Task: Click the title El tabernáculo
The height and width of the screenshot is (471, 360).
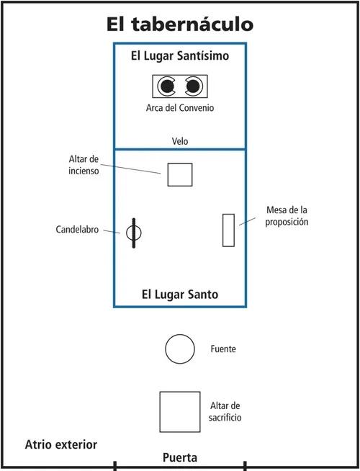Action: (180, 24)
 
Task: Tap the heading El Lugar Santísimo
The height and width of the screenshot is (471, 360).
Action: (180, 55)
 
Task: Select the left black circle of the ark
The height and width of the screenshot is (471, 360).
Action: (167, 86)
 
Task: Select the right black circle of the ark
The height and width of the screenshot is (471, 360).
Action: (193, 86)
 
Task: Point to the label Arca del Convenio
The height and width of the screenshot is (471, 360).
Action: (180, 108)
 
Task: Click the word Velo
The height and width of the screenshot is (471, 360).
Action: (180, 141)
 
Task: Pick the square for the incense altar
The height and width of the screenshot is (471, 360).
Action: (180, 174)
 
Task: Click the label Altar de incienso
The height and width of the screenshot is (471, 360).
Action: (84, 165)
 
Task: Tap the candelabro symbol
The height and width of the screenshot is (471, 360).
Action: (134, 233)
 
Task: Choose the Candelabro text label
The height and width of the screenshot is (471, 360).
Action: (78, 230)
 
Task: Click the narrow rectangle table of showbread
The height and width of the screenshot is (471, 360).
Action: (228, 230)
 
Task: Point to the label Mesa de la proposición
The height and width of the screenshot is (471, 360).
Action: (287, 216)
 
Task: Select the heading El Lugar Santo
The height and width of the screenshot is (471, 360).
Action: (180, 295)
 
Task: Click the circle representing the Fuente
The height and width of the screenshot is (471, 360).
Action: (180, 349)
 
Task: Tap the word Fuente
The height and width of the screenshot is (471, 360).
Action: (223, 349)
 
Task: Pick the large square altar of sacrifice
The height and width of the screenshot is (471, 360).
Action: (180, 411)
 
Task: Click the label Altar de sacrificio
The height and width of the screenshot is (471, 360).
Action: (226, 412)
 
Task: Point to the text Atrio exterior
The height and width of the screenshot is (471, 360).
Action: (61, 444)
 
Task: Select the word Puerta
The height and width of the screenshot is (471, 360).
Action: (180, 457)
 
